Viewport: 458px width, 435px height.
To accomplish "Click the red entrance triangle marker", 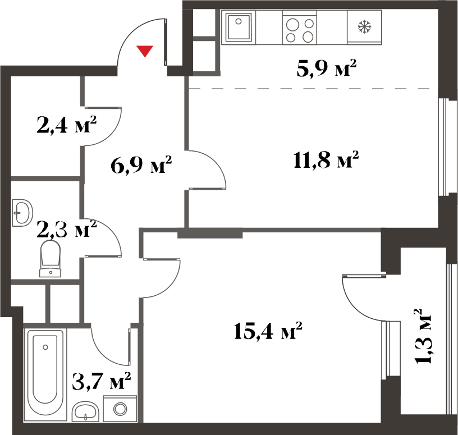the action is [x=145, y=51].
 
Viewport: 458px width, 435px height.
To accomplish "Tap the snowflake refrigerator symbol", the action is [x=364, y=26].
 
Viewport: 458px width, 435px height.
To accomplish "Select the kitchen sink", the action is [x=239, y=26].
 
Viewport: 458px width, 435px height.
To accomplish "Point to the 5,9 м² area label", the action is [x=327, y=68].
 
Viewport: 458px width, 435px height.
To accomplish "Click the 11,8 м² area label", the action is [x=326, y=160].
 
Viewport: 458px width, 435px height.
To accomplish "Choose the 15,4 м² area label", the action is [x=268, y=331].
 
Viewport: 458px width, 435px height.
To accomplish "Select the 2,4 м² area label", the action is [x=67, y=125].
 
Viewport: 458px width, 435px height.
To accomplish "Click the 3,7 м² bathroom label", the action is [x=101, y=381].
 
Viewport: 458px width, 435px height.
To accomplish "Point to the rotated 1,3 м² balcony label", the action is [x=423, y=336].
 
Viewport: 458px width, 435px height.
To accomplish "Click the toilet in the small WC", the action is [x=51, y=259].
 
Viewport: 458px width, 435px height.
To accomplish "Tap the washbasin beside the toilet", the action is [x=22, y=213].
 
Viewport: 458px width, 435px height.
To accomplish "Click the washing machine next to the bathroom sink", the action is [x=120, y=409].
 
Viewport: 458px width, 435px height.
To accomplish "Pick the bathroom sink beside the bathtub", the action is [x=85, y=411].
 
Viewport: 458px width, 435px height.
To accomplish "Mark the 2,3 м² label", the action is [x=67, y=229].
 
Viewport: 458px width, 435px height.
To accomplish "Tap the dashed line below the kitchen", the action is [x=313, y=89].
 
